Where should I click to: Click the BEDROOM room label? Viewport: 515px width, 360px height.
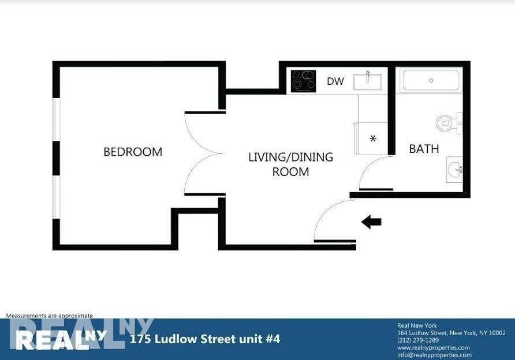click(x=133, y=152)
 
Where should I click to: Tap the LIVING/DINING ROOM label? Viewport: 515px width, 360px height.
click(x=290, y=164)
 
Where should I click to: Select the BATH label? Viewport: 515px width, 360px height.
click(x=424, y=149)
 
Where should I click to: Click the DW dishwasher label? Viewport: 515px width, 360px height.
click(x=335, y=81)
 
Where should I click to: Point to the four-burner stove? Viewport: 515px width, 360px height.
click(x=303, y=81)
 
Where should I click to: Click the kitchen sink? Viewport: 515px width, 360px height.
click(x=367, y=81)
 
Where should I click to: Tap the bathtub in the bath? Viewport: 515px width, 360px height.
click(x=431, y=80)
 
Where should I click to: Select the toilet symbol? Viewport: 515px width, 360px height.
click(x=446, y=123)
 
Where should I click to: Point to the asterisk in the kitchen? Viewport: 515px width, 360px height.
click(x=373, y=139)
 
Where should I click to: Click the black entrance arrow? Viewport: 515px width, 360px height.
click(x=371, y=222)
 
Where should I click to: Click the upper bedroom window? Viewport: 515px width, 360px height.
click(x=55, y=119)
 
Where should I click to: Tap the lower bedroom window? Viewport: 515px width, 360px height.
click(x=55, y=197)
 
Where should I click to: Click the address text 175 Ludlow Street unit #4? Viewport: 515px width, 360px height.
click(x=206, y=339)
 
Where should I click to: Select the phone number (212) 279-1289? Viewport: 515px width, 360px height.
click(x=419, y=340)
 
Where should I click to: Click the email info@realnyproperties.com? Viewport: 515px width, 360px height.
click(x=434, y=355)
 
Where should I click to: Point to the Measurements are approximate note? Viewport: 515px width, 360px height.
click(x=49, y=316)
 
